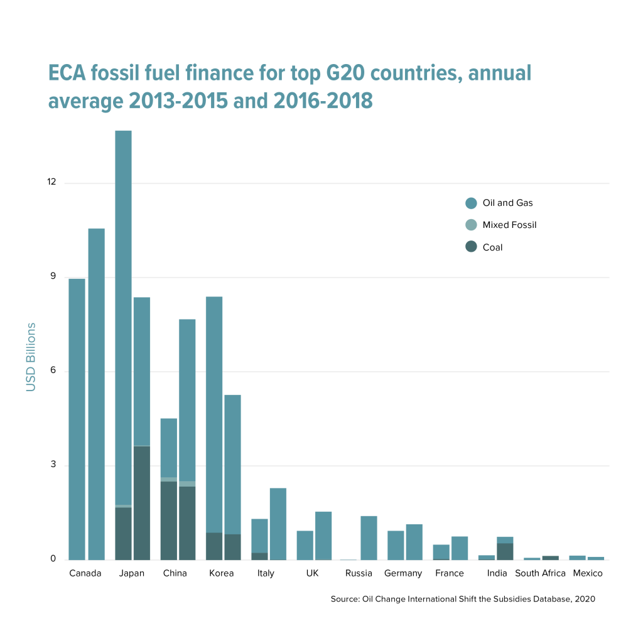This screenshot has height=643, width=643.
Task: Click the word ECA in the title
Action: pos(67,74)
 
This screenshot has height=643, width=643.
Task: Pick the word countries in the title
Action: pos(415,74)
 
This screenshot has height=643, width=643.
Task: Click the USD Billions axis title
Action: pos(31,357)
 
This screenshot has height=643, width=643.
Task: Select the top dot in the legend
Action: pos(471,203)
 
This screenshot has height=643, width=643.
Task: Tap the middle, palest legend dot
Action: pos(471,225)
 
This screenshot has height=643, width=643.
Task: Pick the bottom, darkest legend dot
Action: pos(471,246)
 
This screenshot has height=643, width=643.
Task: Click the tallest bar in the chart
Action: pos(123,314)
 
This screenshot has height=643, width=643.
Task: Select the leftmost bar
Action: pos(77,418)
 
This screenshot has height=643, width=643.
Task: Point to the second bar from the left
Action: pos(96,393)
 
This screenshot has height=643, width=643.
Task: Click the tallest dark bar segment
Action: pos(142,502)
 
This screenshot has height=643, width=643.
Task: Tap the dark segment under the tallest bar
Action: pos(123,533)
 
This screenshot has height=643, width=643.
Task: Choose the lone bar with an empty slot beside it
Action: pos(369,538)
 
